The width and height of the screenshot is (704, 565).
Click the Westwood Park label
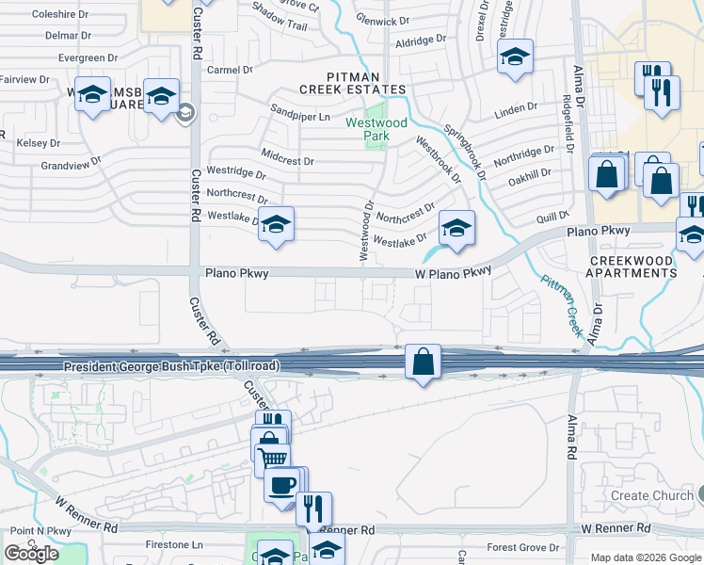[x=376, y=129]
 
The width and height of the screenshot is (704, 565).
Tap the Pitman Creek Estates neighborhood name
[x=352, y=82]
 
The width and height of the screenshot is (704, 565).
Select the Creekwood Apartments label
[x=632, y=266]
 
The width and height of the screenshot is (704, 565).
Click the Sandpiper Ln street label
[x=300, y=117]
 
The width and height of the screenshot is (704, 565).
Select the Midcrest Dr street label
[x=287, y=161]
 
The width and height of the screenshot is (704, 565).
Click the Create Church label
[x=645, y=495]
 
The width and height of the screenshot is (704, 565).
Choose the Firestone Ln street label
[x=174, y=545]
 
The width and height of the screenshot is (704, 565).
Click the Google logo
[x=31, y=554]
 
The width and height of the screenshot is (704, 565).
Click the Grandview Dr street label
[x=71, y=166]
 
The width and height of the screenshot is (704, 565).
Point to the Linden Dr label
[x=516, y=110]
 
